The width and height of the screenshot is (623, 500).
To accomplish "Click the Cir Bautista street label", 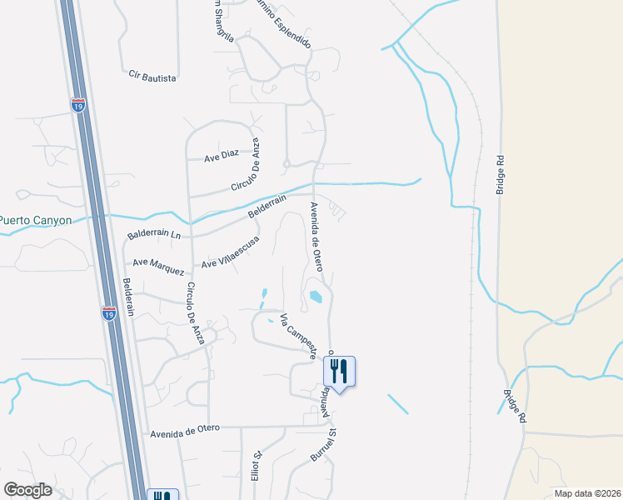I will tap(152, 77).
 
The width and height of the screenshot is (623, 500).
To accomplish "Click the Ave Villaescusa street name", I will tap(230, 252).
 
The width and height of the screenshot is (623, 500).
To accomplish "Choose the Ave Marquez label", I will tap(158, 267).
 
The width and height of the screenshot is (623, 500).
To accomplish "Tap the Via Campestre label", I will tap(298, 336).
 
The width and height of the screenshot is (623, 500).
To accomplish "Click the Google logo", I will tap(27, 490).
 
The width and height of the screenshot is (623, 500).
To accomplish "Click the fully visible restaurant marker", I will tap(339, 369).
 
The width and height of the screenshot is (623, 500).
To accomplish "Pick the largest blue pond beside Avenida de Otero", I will tap(316, 296).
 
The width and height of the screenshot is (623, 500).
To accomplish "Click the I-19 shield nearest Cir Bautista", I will tap(77, 106).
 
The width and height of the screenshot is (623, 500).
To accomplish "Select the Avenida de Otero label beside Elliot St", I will tap(185, 429).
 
